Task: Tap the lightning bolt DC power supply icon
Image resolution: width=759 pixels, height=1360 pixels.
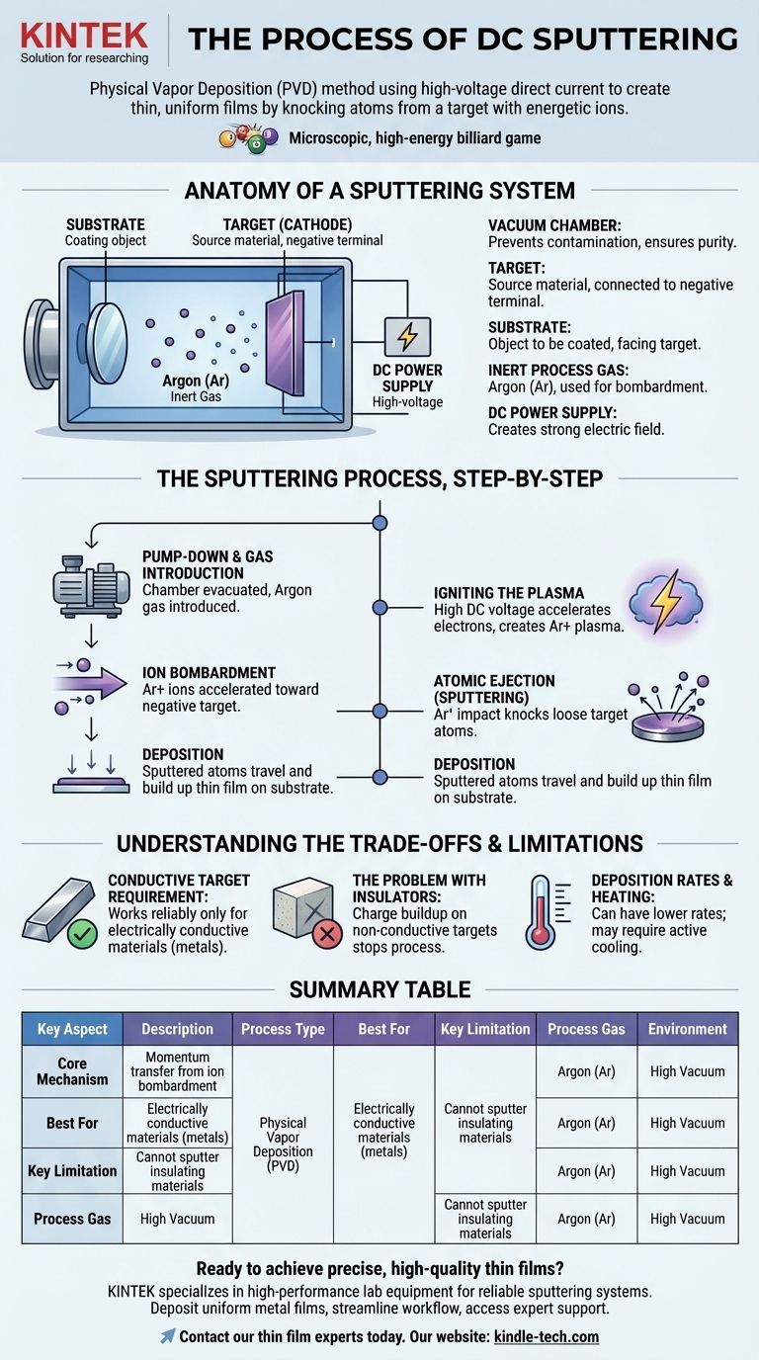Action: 406,338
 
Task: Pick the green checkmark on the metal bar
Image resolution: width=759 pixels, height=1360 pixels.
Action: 83,935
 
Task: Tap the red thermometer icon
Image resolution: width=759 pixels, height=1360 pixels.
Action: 543,912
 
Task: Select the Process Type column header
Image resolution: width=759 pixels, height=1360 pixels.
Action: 283,1029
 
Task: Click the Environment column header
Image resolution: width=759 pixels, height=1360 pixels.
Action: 687,1029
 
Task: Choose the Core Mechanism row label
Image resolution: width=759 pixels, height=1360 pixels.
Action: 72,1071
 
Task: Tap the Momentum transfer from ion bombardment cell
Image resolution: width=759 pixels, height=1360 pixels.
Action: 177,1071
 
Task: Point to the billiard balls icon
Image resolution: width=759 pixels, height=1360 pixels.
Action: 247,137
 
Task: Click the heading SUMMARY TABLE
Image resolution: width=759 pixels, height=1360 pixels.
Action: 379,989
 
